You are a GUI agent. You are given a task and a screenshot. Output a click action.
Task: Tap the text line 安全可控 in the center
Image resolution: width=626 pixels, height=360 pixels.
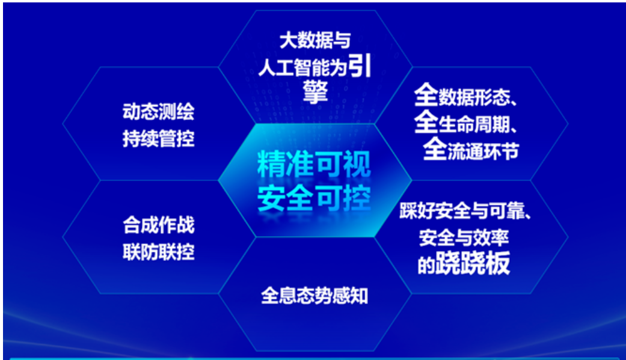click(314, 199)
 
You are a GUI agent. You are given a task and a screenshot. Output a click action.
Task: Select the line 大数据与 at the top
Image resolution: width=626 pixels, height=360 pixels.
click(315, 41)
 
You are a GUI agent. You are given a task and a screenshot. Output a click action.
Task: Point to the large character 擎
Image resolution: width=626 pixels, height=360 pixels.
click(315, 92)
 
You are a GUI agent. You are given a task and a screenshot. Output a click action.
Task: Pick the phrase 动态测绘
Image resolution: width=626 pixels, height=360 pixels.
click(158, 112)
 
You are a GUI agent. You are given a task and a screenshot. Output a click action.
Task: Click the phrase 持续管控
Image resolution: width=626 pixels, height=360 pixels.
click(158, 139)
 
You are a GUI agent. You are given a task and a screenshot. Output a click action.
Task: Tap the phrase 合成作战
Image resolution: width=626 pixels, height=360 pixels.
click(158, 226)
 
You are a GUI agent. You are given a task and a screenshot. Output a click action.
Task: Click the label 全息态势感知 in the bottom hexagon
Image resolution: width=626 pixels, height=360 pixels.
click(315, 296)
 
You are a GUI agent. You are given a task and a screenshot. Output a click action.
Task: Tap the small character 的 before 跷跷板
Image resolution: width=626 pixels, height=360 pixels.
click(426, 266)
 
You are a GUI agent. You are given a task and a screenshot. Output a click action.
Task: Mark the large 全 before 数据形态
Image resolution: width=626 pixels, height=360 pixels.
click(426, 96)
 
